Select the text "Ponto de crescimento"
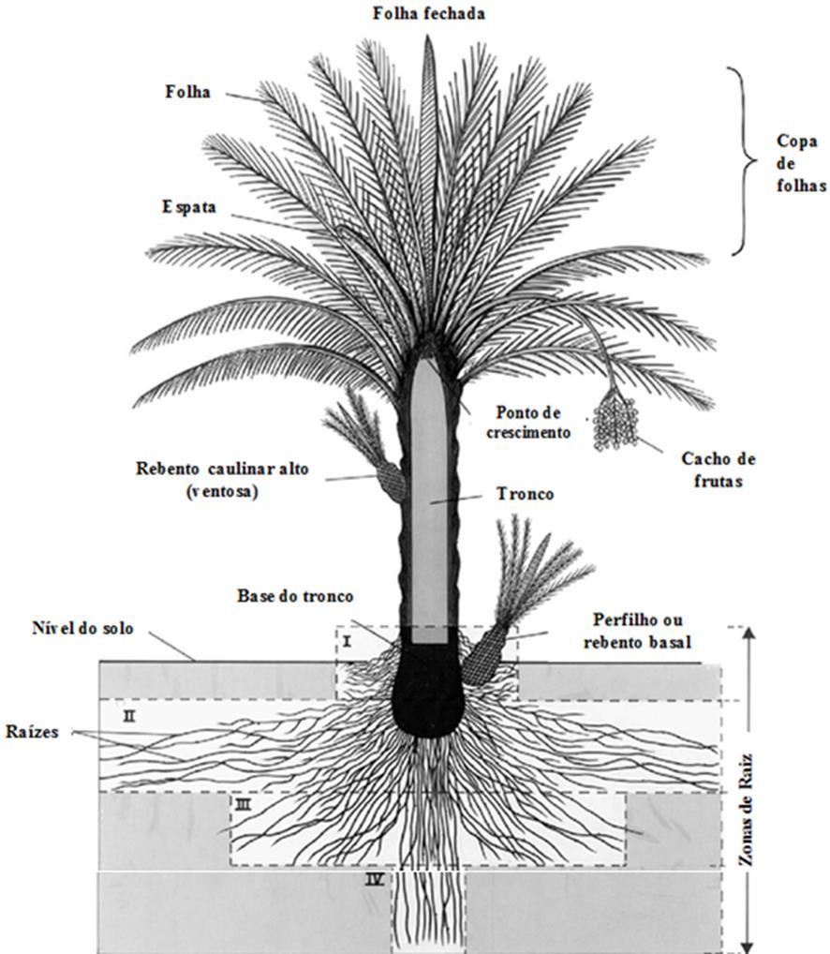click(534, 423)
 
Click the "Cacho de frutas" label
click(719, 469)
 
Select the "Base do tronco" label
click(289, 596)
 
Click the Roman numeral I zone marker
click(347, 641)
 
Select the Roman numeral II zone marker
click(129, 716)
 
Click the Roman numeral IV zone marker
click(375, 880)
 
